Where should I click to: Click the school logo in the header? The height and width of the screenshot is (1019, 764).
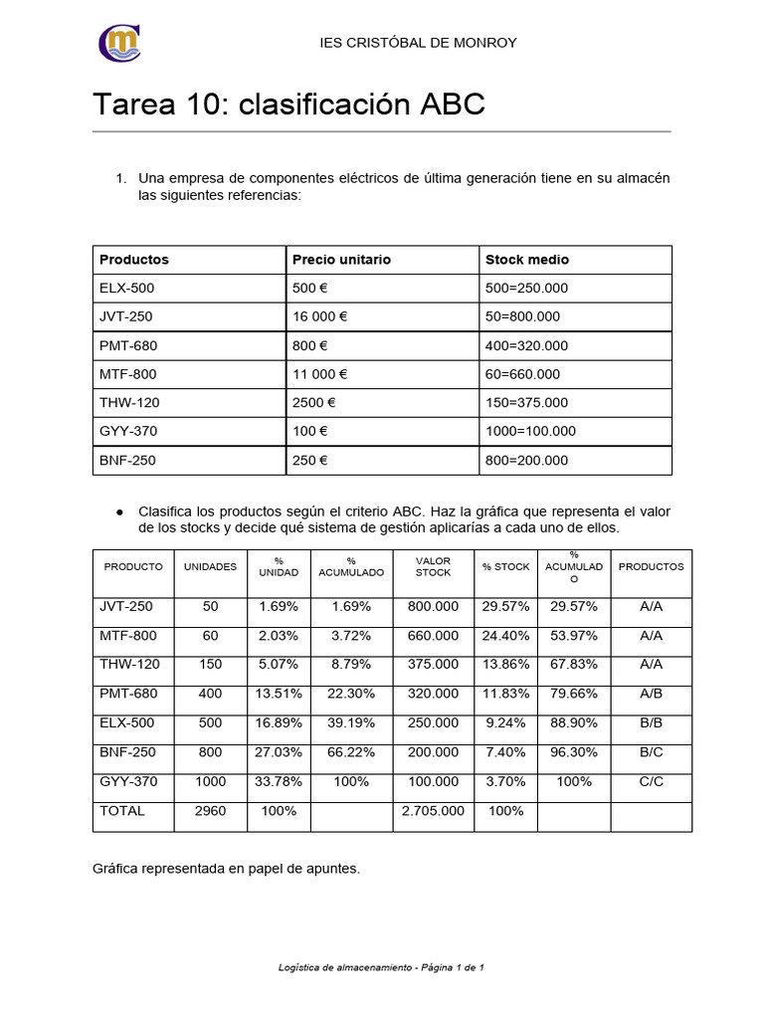click(x=119, y=44)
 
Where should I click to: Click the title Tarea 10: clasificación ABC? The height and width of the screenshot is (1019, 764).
click(x=288, y=104)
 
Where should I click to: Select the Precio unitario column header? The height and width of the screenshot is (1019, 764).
click(x=341, y=260)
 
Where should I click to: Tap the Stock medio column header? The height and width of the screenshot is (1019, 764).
click(x=527, y=260)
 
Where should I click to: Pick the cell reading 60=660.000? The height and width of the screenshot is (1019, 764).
click(x=522, y=374)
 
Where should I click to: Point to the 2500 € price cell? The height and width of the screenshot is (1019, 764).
click(x=314, y=403)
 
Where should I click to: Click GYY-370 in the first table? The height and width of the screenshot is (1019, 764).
click(x=127, y=432)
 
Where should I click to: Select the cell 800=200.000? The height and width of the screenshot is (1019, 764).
click(x=526, y=461)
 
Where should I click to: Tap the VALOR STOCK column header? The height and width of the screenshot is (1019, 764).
click(x=433, y=566)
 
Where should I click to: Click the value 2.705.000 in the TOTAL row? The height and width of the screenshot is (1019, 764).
click(x=433, y=811)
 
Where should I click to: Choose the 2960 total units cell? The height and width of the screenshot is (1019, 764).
click(x=210, y=811)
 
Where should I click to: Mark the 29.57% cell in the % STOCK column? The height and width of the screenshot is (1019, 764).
click(x=505, y=606)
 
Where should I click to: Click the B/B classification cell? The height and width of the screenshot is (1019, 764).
click(x=651, y=722)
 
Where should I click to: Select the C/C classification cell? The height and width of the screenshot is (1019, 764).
click(x=651, y=782)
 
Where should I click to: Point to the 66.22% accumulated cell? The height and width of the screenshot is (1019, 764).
click(x=351, y=752)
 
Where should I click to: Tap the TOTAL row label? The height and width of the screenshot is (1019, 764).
click(x=122, y=811)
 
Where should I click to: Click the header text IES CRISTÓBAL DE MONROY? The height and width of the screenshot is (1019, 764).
click(x=418, y=43)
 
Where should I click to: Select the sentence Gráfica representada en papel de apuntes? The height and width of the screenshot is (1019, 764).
click(x=226, y=869)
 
